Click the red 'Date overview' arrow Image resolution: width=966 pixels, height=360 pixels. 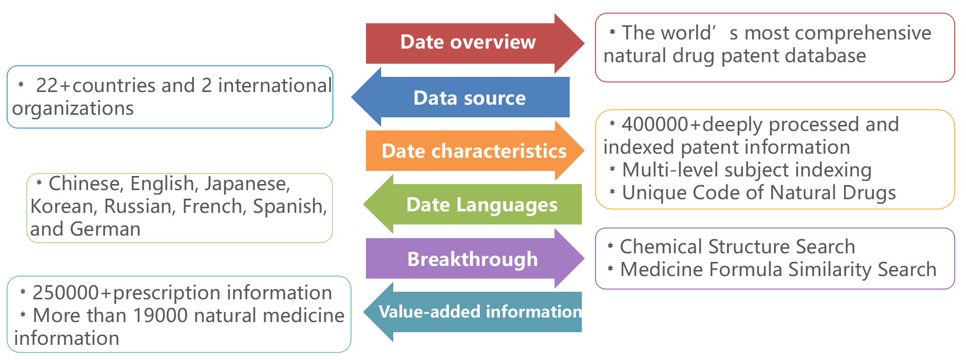click(x=468, y=42)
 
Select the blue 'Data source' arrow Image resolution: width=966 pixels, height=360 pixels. click(x=469, y=98)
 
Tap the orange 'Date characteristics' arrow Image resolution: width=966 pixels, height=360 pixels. click(x=474, y=151)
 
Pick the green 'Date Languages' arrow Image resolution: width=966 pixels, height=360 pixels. click(x=481, y=205)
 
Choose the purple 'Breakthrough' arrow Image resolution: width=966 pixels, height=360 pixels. click(x=472, y=259)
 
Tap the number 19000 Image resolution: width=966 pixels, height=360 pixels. click(x=161, y=316)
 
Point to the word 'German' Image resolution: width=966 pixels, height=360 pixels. click(x=105, y=229)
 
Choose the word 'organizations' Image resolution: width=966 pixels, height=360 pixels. click(x=73, y=109)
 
